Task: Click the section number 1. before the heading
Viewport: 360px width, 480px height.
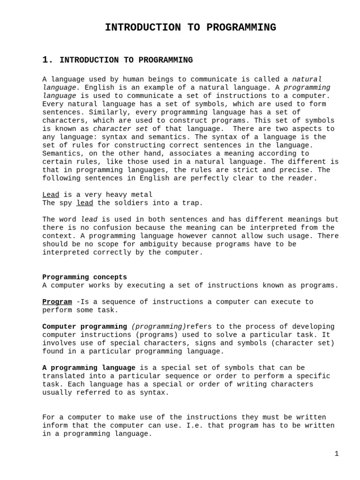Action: (x=48, y=60)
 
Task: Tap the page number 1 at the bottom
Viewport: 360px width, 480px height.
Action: (x=336, y=453)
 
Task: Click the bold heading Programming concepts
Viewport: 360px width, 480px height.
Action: (x=84, y=277)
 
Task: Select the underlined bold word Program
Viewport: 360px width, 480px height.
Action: (x=57, y=302)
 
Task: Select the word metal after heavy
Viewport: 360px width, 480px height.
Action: (x=142, y=195)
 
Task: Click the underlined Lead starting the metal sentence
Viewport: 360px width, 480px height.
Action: (x=51, y=195)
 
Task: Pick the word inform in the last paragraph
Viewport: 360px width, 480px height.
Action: (x=55, y=426)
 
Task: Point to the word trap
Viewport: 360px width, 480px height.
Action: (x=193, y=203)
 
